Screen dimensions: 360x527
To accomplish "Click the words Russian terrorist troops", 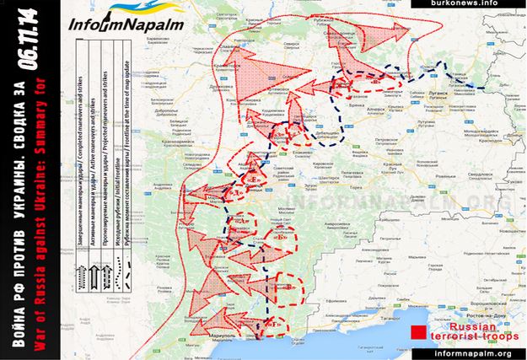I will coord(466,330).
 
